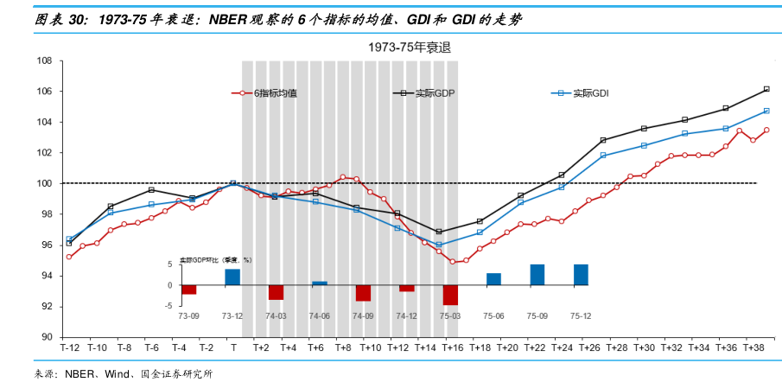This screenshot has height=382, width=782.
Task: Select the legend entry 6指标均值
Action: (x=277, y=92)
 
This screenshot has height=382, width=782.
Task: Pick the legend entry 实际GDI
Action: (x=591, y=92)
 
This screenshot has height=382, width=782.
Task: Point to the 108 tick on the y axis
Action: (x=44, y=61)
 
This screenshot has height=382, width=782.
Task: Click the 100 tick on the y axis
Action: (x=44, y=183)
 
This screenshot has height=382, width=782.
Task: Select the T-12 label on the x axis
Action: (x=69, y=347)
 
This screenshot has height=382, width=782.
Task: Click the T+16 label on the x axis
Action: (x=452, y=347)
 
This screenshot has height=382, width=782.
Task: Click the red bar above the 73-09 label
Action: (x=189, y=290)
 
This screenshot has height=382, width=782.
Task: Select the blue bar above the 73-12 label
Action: (x=232, y=277)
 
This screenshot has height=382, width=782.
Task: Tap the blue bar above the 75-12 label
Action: (x=581, y=275)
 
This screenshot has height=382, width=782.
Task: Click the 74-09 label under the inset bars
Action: (x=363, y=317)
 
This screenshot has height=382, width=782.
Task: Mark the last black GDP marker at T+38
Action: (x=766, y=89)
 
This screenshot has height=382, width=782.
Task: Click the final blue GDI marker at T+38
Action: (x=766, y=111)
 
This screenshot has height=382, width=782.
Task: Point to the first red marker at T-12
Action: (x=69, y=257)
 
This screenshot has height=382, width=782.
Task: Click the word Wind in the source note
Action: (x=115, y=373)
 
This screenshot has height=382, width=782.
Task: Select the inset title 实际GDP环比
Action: (x=200, y=259)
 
